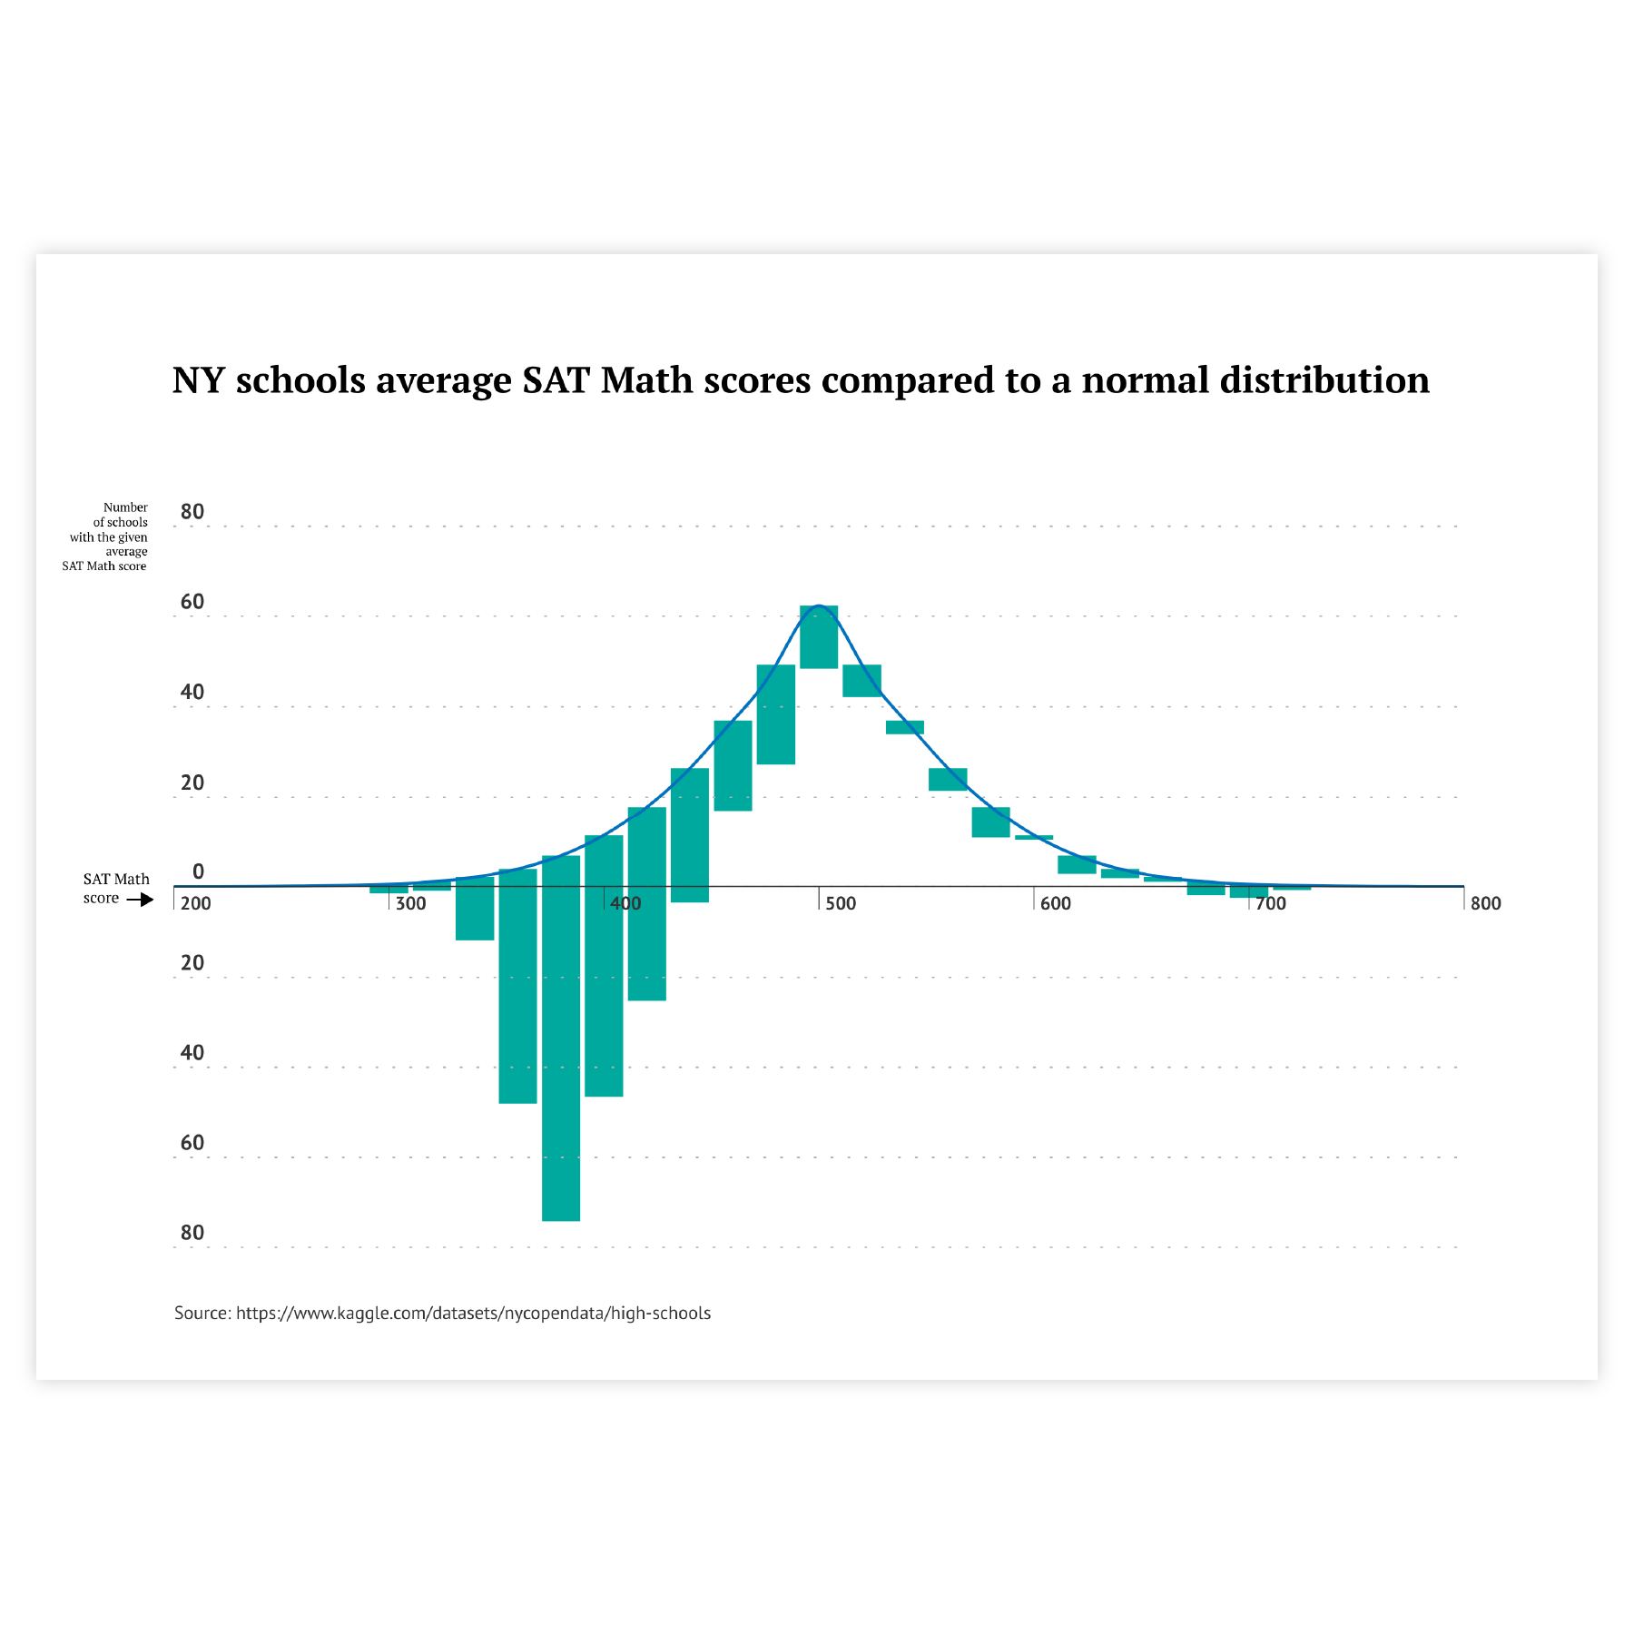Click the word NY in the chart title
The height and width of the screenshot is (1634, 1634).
tap(199, 380)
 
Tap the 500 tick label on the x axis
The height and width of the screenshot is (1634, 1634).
tap(841, 903)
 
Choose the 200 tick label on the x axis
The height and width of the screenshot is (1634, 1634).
tap(196, 903)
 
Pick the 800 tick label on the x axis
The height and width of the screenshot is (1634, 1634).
tap(1486, 903)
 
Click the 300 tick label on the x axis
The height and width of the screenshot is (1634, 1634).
tap(411, 903)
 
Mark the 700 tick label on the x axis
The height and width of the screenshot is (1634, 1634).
tap(1271, 903)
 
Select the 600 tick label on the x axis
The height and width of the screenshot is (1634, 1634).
tap(1056, 903)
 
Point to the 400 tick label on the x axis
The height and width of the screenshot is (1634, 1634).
tap(626, 903)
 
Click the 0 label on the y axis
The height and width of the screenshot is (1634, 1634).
tap(199, 872)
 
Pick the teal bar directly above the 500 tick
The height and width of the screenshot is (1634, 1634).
tap(819, 637)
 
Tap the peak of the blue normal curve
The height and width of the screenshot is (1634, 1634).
tap(819, 605)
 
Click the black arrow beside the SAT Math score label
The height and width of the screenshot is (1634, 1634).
tap(140, 900)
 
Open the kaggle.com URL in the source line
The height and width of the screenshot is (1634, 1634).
tap(473, 1313)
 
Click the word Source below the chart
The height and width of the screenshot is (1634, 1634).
tap(202, 1313)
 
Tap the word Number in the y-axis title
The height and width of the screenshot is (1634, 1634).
tap(125, 507)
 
